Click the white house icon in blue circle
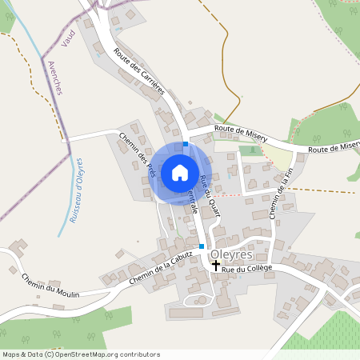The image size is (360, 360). click(x=180, y=172)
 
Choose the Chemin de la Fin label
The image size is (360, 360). click(x=280, y=192)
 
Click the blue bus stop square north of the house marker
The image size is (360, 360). click(x=186, y=144)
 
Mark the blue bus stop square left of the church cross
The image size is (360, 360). click(x=202, y=246)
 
